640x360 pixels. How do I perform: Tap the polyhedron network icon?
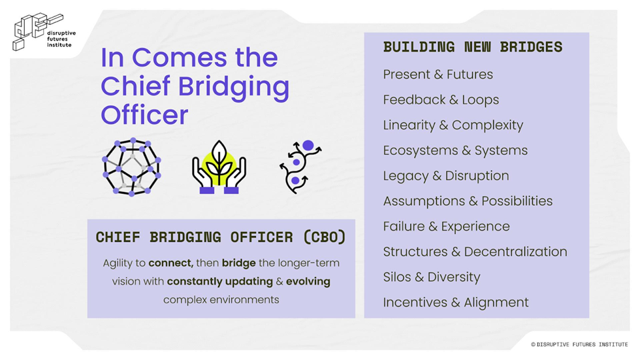(x=131, y=167)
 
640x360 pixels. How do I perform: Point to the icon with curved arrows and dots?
(x=300, y=167)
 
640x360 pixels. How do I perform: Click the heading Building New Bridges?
(x=472, y=47)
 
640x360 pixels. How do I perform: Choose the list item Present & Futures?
(x=438, y=74)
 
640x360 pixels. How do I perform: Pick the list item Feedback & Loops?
(x=441, y=100)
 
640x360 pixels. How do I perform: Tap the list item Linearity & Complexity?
(x=453, y=125)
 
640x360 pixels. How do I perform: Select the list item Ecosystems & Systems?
(x=455, y=150)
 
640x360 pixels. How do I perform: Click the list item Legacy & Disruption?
(x=446, y=176)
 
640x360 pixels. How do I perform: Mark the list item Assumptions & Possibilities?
(x=468, y=201)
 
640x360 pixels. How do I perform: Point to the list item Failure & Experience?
(x=446, y=227)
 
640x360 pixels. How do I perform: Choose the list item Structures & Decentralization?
(x=475, y=252)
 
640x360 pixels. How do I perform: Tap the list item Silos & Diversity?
(x=432, y=277)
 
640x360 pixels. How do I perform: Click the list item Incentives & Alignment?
(x=456, y=303)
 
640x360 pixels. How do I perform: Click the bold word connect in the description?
(x=170, y=263)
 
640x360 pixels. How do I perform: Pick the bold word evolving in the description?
(x=307, y=282)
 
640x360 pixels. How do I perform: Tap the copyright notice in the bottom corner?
(x=579, y=344)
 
